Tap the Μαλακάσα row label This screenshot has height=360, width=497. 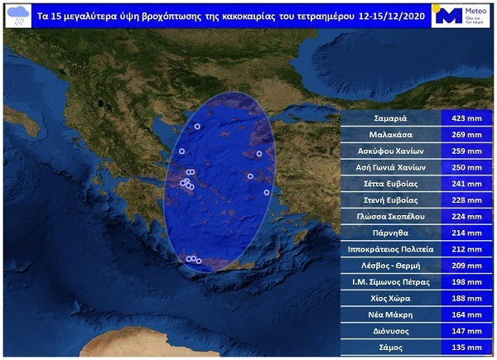(389, 134)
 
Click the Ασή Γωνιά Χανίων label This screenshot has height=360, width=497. (389, 167)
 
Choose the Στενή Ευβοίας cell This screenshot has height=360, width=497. (389, 199)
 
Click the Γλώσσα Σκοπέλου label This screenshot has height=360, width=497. (389, 216)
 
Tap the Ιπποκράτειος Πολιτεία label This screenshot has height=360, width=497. (389, 248)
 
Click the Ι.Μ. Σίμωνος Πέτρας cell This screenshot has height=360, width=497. (389, 281)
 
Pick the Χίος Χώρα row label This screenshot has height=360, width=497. (389, 298)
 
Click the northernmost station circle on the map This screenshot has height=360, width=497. (198, 126)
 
